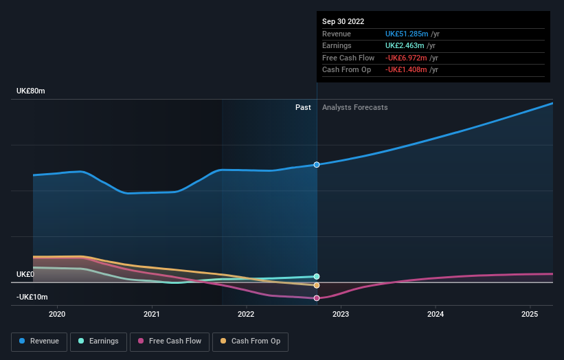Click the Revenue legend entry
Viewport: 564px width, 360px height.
[x=39, y=341]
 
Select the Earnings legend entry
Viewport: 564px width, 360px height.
[x=98, y=341]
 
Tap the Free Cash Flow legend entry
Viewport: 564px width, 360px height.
[x=169, y=341]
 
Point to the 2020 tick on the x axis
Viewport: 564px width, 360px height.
[x=57, y=315]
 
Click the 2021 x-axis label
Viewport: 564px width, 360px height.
[x=151, y=315]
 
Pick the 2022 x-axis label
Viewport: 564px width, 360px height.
[x=246, y=315]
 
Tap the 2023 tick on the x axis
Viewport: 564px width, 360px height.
[x=341, y=315]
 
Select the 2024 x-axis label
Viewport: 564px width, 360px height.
[x=435, y=315]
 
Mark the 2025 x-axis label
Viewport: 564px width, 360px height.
[x=530, y=315]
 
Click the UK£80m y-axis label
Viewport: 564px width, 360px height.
[x=31, y=91]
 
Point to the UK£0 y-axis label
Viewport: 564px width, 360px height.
[x=25, y=274]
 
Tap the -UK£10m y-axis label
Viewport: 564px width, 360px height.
[x=32, y=297]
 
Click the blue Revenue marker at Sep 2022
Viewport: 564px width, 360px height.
[x=317, y=165]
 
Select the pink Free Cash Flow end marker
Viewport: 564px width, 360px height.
[x=317, y=298]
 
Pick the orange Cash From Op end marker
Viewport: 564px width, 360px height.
[x=317, y=285]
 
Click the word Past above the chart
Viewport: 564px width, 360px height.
[x=303, y=107]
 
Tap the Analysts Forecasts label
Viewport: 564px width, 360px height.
[x=354, y=107]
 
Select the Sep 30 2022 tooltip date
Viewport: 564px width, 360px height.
[x=344, y=21]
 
